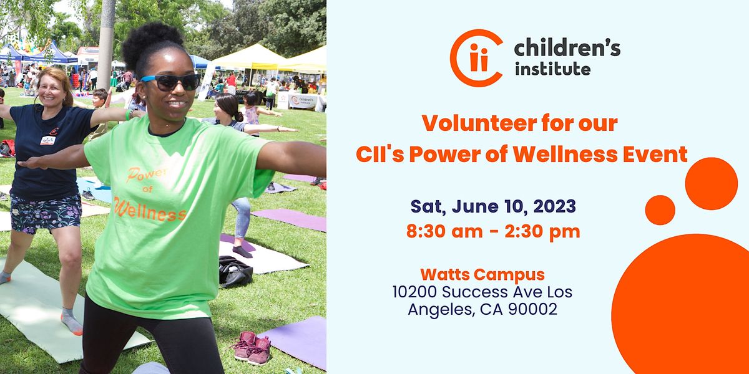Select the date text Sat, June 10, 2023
(x=493, y=206)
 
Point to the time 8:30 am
(x=444, y=231)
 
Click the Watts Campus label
(x=482, y=274)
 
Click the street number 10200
(x=414, y=292)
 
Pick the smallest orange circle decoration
(x=660, y=210)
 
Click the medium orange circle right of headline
(x=711, y=184)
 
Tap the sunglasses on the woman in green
(x=170, y=82)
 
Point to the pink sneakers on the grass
(x=252, y=348)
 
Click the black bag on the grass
(x=235, y=272)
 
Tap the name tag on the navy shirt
(x=47, y=140)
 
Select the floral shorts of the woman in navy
(x=46, y=213)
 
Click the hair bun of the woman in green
(x=152, y=40)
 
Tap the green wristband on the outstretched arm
(x=128, y=114)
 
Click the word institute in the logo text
(x=552, y=69)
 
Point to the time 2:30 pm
(x=542, y=231)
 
